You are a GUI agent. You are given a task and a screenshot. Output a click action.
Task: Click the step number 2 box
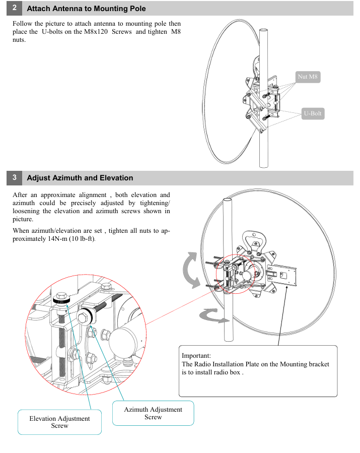[14, 8]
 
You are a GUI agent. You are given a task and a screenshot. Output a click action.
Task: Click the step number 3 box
[14, 177]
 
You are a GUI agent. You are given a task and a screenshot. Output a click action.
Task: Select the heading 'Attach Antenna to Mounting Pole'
[86, 9]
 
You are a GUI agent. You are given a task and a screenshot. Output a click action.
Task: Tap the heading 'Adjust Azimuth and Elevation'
[80, 178]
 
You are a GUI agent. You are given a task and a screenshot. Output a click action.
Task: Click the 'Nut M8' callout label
[308, 77]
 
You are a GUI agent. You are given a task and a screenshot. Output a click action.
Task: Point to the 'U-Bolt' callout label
[312, 113]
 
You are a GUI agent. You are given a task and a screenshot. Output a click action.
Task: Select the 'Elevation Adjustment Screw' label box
[59, 422]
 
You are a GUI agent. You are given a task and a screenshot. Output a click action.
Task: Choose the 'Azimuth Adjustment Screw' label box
[153, 413]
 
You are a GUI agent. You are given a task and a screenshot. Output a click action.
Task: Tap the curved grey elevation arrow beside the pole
[193, 271]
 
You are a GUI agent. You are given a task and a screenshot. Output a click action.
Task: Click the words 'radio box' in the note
[229, 373]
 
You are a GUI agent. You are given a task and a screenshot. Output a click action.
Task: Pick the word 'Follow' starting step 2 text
[23, 24]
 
